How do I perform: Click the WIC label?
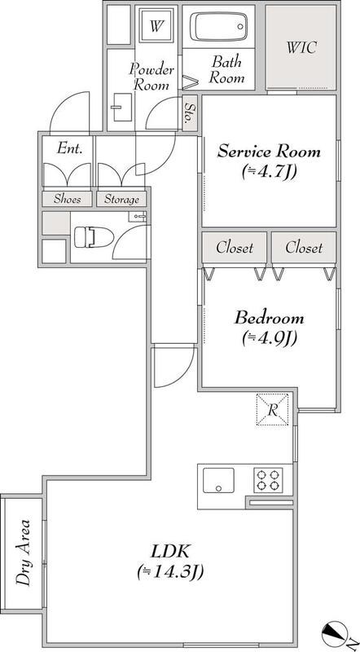tap(301, 47)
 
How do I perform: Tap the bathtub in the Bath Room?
tap(218, 27)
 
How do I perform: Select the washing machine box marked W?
tap(156, 27)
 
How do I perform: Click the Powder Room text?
tap(151, 77)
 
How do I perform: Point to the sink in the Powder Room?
tap(121, 107)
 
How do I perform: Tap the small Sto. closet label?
tap(189, 112)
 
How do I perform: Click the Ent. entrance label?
tap(68, 148)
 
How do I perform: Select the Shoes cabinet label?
tap(67, 199)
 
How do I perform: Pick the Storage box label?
tap(121, 199)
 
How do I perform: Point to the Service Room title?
tap(269, 152)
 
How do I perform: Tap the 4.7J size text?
tap(269, 172)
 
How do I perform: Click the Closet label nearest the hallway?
tap(235, 248)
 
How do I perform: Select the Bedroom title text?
tap(269, 319)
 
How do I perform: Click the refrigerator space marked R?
tap(272, 409)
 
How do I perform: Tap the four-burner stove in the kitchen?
tap(268, 480)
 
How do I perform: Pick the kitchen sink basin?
tap(217, 480)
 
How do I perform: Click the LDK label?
tap(170, 553)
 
